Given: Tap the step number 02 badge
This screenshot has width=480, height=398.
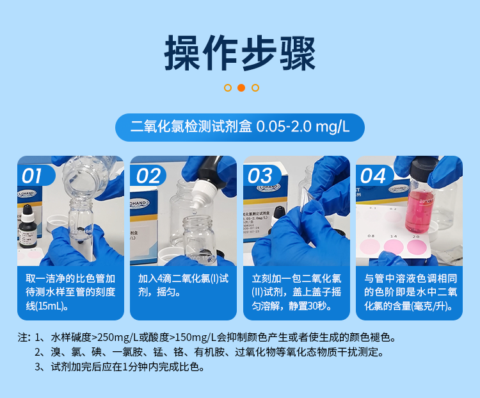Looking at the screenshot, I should (x=148, y=175).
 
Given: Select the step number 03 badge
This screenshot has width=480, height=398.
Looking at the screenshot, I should (x=260, y=175).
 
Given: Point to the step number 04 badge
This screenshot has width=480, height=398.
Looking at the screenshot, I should (x=374, y=175).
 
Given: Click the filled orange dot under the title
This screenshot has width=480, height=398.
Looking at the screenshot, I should (x=241, y=88).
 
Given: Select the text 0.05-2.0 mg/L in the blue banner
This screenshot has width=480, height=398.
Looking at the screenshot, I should (x=302, y=126).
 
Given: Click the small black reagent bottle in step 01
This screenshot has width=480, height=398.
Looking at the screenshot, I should (x=27, y=227).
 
